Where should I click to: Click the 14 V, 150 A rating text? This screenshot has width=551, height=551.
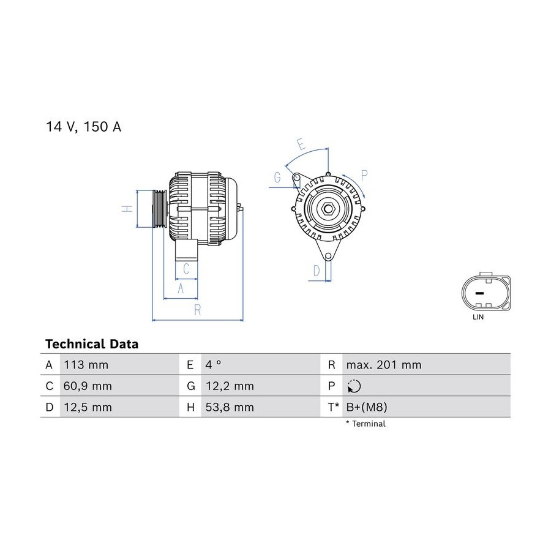click(x=84, y=127)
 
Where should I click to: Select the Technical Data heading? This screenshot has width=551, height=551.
click(x=92, y=344)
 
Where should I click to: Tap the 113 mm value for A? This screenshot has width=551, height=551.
click(x=86, y=365)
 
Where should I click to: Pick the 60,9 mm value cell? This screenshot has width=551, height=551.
click(x=88, y=386)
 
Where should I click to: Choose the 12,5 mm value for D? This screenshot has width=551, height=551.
click(x=88, y=407)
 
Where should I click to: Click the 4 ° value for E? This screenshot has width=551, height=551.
click(x=213, y=365)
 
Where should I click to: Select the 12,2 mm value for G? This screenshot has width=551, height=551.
click(x=230, y=386)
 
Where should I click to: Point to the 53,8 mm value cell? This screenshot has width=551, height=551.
click(x=230, y=407)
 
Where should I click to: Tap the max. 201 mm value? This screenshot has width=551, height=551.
click(x=384, y=365)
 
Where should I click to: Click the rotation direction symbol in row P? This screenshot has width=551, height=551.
click(x=354, y=386)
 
